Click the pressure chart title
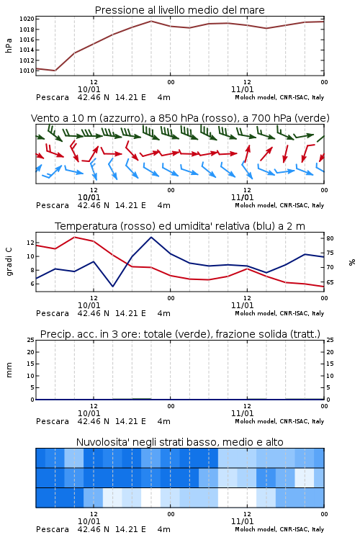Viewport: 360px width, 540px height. (x=180, y=10)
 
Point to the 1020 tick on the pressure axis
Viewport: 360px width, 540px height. (x=27, y=19)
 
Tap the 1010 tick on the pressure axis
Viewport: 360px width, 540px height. (x=27, y=71)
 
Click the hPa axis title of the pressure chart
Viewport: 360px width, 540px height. (x=9, y=45)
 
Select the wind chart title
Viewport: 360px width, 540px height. (x=180, y=118)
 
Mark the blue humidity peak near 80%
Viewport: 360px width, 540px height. (x=151, y=238)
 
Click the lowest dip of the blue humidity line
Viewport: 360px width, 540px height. (x=112, y=287)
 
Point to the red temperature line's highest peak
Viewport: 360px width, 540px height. (x=74, y=238)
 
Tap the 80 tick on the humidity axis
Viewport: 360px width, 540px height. (x=330, y=238)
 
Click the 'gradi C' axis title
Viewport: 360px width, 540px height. (x=9, y=262)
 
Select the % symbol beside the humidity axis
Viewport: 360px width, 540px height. (x=352, y=262)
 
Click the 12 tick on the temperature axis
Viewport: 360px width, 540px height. (x=31, y=243)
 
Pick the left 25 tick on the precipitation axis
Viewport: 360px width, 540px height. (x=31, y=340)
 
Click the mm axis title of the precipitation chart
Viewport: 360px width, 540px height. (x=9, y=370)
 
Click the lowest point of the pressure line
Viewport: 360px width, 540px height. (x=55, y=71)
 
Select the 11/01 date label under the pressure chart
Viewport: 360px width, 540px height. (x=243, y=89)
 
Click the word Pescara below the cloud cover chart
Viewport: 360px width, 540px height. (x=53, y=529)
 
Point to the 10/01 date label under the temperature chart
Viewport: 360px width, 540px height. (x=89, y=305)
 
